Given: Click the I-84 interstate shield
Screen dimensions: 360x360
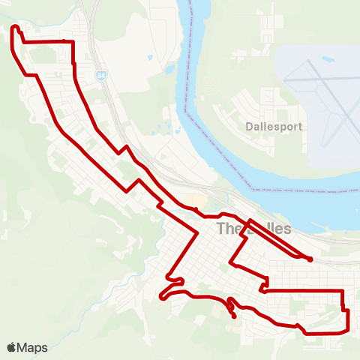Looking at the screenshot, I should (x=100, y=76).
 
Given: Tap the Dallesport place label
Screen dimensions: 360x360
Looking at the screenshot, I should (x=274, y=127).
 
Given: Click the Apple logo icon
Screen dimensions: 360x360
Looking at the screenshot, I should (x=12, y=347).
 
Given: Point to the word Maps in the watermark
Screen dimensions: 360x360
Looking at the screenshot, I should (x=32, y=347).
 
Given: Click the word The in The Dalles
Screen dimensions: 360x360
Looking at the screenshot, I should (x=227, y=229).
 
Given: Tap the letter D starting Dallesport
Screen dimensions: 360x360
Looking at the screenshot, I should (x=250, y=127).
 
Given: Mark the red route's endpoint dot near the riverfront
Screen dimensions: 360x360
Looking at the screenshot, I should (x=310, y=259).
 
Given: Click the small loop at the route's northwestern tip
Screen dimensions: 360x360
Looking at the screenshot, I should (x=15, y=29).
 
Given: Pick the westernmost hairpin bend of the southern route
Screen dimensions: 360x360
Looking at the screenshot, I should (x=162, y=298).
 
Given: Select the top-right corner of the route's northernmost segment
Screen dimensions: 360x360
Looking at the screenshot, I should (x=73, y=42).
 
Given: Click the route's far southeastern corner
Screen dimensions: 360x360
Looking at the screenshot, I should (x=348, y=328).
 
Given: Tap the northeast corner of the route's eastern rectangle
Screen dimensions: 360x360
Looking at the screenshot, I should (x=342, y=290).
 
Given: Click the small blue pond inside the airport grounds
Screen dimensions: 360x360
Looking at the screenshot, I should (x=328, y=58).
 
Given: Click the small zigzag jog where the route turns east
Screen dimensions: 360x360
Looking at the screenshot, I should (x=263, y=285).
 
